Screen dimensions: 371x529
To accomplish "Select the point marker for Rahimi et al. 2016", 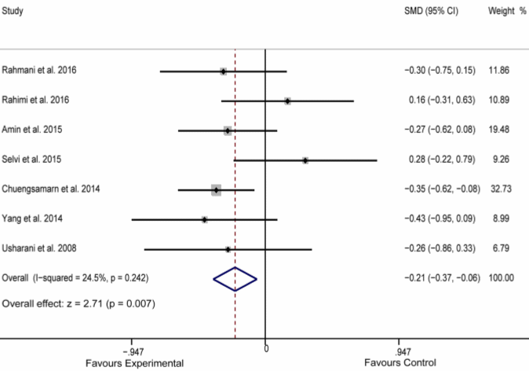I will pos(288,101).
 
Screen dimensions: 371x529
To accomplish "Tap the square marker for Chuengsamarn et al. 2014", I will pos(216,189).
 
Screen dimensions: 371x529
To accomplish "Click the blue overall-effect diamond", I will pos(235,278).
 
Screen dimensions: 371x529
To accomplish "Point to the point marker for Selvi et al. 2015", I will pos(305,160).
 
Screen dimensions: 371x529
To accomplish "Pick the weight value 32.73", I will pos(499,189).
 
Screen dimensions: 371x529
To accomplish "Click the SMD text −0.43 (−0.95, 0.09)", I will pos(440,219).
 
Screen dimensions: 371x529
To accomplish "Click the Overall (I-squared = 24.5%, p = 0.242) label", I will pos(76,278).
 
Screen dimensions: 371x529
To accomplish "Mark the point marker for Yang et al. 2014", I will pos(205,219).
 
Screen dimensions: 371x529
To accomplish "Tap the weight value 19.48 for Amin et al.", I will pos(499,130).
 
